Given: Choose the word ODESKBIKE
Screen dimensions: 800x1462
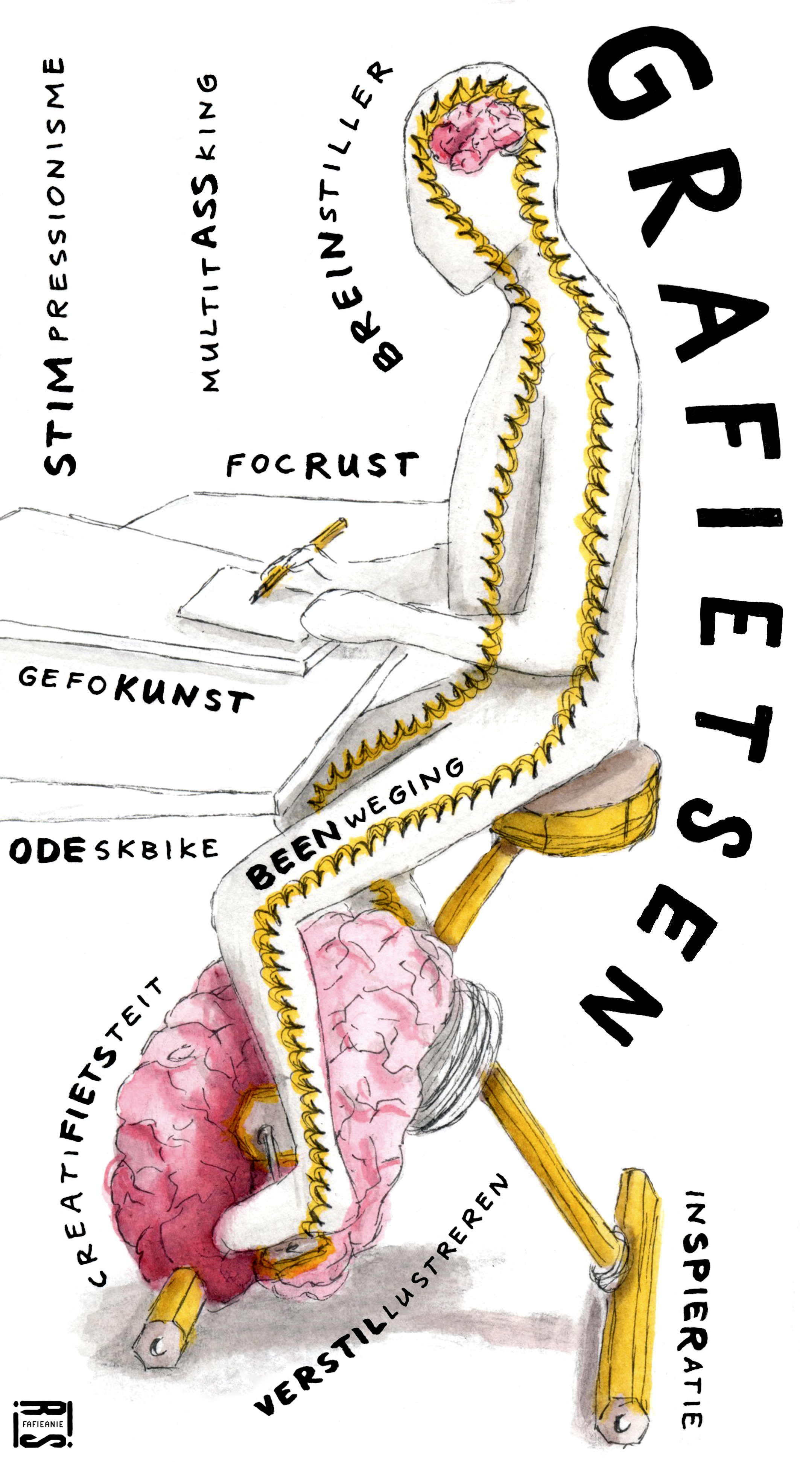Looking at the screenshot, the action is [x=114, y=850].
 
